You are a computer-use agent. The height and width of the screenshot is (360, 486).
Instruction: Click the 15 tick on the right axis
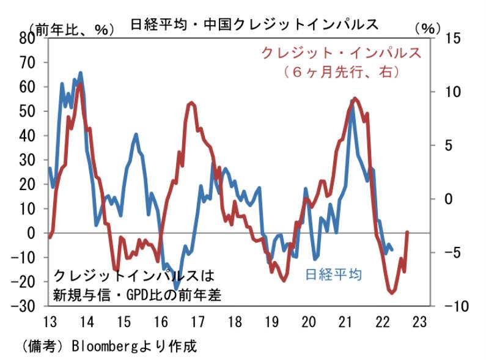[448, 38]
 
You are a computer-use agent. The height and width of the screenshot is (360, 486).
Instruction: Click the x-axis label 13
[50, 321]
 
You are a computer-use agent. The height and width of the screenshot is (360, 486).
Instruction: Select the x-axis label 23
[420, 321]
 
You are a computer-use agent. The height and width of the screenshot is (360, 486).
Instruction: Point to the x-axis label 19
[271, 321]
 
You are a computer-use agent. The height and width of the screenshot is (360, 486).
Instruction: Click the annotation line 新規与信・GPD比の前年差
[138, 294]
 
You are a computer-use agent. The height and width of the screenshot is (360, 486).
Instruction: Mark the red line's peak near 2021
[355, 98]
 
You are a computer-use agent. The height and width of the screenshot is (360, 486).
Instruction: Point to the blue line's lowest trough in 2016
[176, 288]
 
